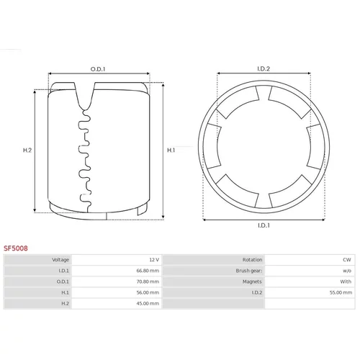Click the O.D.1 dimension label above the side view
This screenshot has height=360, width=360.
click(x=98, y=69)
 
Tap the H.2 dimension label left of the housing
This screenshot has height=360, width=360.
click(x=27, y=150)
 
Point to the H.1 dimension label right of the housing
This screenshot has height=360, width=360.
click(x=171, y=150)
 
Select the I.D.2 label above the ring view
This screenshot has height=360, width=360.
click(x=264, y=69)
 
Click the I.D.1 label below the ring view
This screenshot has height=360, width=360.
click(x=264, y=225)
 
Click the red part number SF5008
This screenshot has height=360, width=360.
click(x=16, y=248)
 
